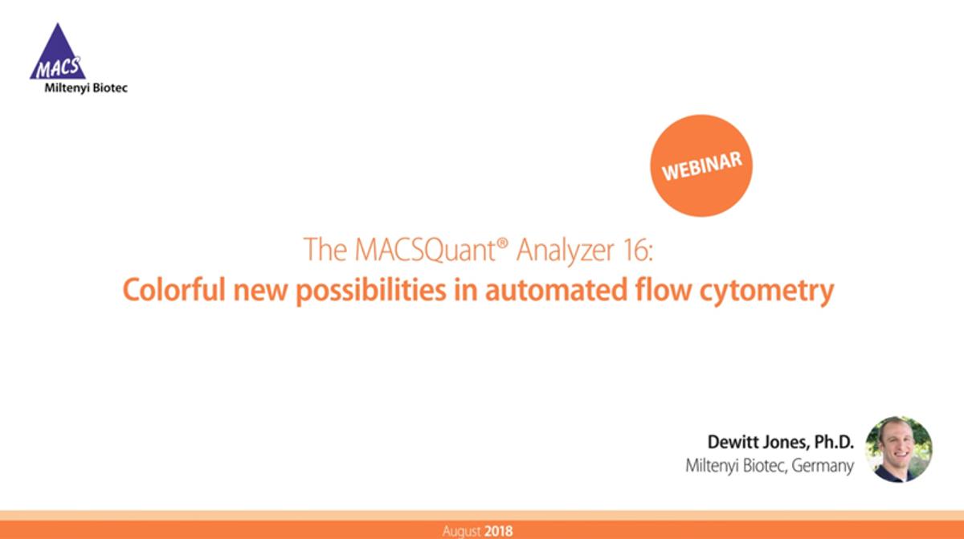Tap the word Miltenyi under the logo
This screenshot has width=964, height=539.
click(67, 88)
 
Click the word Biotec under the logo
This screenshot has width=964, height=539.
click(110, 88)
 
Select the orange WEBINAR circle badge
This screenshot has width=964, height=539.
click(701, 165)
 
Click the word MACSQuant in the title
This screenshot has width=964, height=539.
click(425, 250)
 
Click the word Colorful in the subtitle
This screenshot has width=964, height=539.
click(174, 289)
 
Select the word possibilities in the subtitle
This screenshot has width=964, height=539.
click(371, 291)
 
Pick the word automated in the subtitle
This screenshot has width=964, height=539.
click(556, 290)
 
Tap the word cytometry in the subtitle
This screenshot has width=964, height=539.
click(767, 292)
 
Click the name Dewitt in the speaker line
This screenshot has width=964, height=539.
click(734, 442)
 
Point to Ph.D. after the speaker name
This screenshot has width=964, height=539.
click(834, 442)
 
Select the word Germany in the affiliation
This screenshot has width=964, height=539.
click(823, 466)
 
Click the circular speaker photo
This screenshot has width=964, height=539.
click(899, 449)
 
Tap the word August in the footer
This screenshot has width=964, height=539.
click(461, 532)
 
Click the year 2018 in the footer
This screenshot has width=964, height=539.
click(498, 531)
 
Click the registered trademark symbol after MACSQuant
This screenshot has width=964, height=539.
click(502, 242)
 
